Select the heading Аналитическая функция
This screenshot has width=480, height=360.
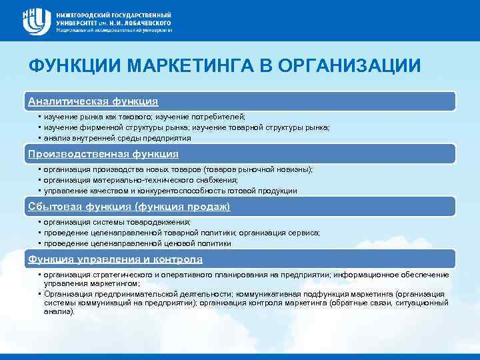click(93, 101)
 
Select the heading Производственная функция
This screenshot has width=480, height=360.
click(103, 154)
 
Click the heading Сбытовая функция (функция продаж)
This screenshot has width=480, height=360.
click(129, 207)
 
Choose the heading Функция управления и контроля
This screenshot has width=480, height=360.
click(115, 259)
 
